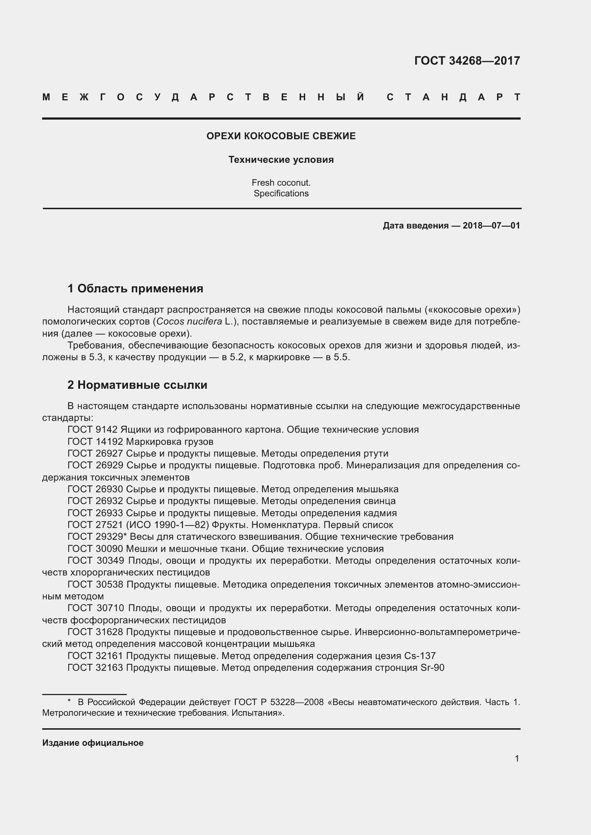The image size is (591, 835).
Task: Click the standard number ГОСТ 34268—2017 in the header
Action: (x=467, y=60)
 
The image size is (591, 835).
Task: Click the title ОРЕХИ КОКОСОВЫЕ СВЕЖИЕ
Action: (x=281, y=136)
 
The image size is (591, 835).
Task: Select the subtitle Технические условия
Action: (x=281, y=160)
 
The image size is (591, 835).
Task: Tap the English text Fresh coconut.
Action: (x=281, y=182)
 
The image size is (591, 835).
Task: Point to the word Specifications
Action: (x=281, y=193)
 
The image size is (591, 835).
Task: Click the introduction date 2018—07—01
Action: (x=491, y=226)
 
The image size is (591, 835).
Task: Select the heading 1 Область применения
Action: (x=135, y=288)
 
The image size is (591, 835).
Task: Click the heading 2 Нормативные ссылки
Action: (x=137, y=385)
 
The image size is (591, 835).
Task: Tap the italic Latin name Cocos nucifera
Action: (x=189, y=322)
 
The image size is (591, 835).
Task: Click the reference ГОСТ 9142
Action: (x=93, y=429)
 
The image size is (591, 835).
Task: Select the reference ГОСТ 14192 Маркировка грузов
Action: (x=140, y=442)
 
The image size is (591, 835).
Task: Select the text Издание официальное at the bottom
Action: (x=93, y=743)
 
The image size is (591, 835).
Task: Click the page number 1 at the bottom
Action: (x=517, y=759)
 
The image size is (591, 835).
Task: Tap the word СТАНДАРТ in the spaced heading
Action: (x=453, y=97)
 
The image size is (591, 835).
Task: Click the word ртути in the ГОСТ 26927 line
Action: (x=376, y=453)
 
